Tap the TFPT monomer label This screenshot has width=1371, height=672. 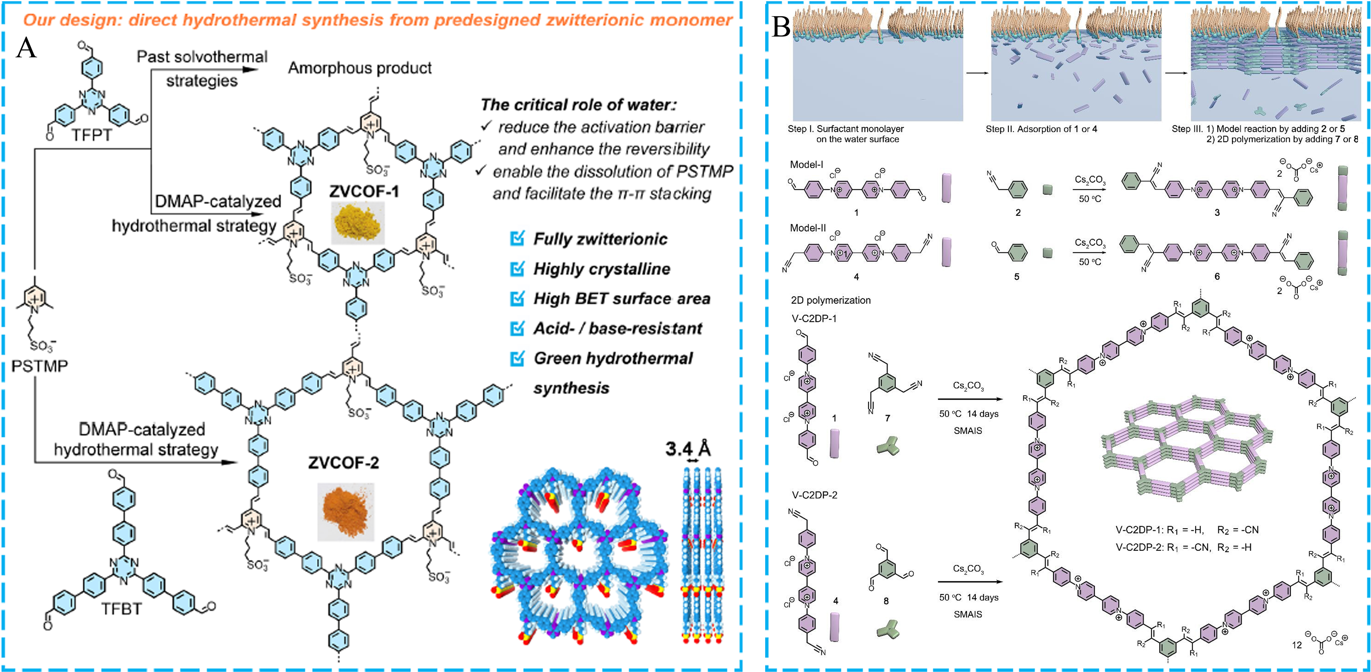pos(92,135)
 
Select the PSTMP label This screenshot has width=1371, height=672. pos(39,366)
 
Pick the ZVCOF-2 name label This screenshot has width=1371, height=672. pos(343,463)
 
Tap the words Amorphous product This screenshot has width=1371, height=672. pos(360,68)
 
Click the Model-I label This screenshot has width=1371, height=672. pos(806,164)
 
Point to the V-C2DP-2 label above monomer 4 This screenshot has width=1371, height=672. pos(814,495)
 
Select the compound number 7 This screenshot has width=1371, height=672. pos(887,418)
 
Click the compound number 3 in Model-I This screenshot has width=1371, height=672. pos(1217,212)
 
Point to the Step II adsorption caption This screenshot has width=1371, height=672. pos(1041,129)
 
